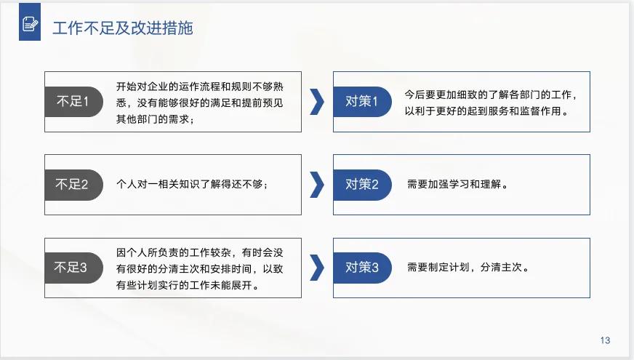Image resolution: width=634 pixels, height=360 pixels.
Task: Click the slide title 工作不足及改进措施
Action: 122,28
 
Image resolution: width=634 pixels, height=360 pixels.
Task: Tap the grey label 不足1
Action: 71,102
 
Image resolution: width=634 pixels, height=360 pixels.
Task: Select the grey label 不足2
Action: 71,185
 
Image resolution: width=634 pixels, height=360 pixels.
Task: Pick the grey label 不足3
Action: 71,268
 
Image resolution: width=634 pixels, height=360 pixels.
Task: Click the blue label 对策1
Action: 361,102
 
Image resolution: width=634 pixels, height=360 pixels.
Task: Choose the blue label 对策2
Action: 361,185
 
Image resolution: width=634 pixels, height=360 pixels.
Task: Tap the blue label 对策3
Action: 361,268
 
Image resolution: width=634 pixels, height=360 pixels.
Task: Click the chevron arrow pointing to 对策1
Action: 316,102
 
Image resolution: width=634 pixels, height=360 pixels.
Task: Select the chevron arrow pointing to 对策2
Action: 316,185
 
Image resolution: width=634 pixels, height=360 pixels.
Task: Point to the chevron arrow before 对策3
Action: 316,268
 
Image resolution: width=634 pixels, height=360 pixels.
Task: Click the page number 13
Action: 605,340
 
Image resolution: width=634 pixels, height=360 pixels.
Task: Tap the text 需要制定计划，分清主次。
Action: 468,268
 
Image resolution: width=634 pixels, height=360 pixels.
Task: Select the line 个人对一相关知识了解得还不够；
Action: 193,185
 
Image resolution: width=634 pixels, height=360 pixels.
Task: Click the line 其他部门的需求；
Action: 156,119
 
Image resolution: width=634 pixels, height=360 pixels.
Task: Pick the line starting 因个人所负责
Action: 200,252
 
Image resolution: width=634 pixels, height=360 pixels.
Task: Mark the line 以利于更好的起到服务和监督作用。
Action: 486,112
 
